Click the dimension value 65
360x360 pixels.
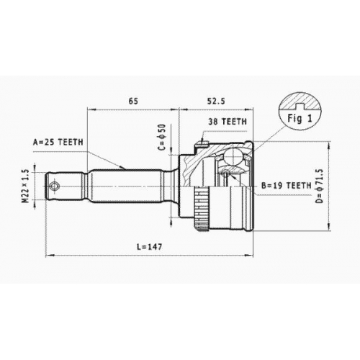(133, 101)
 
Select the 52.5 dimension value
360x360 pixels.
(216, 101)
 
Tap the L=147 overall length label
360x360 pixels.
(150, 246)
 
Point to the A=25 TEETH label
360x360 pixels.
(58, 142)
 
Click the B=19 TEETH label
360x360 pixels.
(286, 185)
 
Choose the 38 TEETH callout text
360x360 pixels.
(228, 122)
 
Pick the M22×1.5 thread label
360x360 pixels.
(26, 186)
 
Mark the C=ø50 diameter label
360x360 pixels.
(162, 137)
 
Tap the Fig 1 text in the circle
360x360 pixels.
(300, 118)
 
